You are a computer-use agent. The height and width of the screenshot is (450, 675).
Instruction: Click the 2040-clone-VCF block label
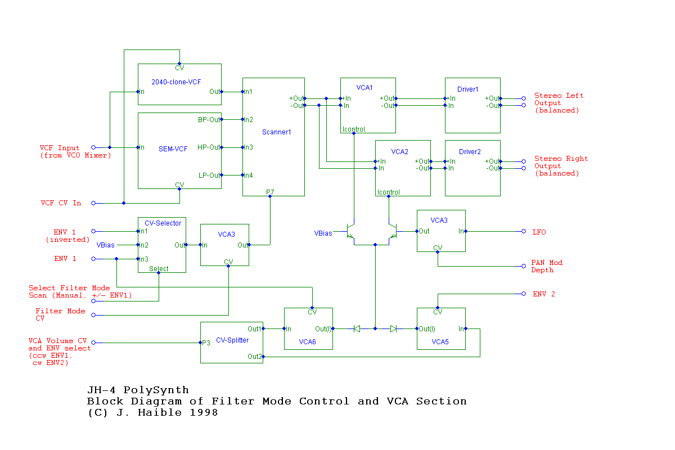tap(176, 82)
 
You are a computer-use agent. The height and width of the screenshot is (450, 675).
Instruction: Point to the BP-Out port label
tap(209, 120)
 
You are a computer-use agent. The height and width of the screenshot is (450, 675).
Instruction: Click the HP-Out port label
tap(209, 148)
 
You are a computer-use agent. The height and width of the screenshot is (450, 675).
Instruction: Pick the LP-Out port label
tap(209, 175)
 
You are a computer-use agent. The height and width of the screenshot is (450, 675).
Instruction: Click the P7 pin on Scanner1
tap(271, 192)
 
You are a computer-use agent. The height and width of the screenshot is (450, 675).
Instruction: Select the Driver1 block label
tap(468, 89)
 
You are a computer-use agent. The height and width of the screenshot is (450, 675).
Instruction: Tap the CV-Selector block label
tap(163, 223)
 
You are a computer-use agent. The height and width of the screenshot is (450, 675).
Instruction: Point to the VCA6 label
tap(307, 341)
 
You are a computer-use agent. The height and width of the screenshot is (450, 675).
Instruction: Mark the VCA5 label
tap(440, 341)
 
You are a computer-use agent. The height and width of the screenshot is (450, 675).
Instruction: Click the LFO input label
tap(539, 232)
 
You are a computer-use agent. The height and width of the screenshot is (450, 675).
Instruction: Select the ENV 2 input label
tap(543, 294)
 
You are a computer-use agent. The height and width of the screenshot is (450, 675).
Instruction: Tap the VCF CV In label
tap(61, 203)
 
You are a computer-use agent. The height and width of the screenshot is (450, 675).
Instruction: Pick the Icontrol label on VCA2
tap(389, 192)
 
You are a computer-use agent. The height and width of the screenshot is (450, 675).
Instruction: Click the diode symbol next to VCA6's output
tap(357, 329)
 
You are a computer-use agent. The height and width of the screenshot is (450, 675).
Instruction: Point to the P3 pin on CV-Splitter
tap(206, 343)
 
